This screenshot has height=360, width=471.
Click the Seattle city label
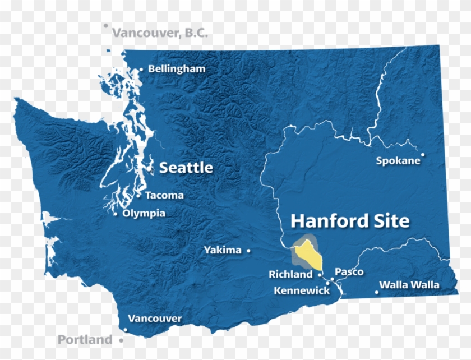point(186,168)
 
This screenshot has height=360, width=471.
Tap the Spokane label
point(398,161)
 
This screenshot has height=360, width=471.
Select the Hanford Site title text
point(349,221)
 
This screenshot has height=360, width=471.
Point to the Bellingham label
point(176,69)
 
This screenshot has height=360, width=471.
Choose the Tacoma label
point(164,196)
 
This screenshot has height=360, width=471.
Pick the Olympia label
point(144,213)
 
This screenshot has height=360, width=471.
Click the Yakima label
point(223,250)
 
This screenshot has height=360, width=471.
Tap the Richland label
point(290,274)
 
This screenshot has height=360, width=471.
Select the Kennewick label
point(302,290)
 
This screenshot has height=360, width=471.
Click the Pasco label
point(349,272)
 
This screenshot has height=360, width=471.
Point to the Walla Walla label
point(409,285)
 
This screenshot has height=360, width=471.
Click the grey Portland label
point(85,340)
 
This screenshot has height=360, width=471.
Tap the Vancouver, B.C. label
point(160,33)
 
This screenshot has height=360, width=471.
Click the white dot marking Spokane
point(423,155)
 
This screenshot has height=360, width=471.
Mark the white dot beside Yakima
point(248,251)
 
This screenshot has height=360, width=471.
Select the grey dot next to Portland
point(121,340)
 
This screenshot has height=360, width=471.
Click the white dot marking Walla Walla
point(377,291)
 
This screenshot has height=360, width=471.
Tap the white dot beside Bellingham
point(141,70)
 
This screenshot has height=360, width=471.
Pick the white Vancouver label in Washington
point(155,319)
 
